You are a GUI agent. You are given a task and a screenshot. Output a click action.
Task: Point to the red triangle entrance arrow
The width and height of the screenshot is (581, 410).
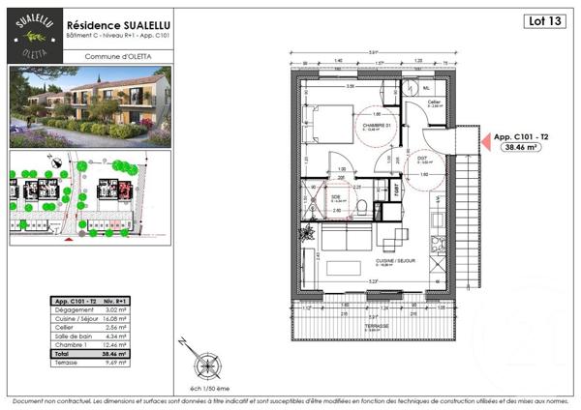tap(481, 142)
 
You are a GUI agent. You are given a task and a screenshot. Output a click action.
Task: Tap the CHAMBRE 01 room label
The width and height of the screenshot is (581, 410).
tap(373, 126)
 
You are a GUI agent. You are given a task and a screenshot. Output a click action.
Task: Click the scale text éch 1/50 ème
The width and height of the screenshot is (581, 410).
tap(206, 386)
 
